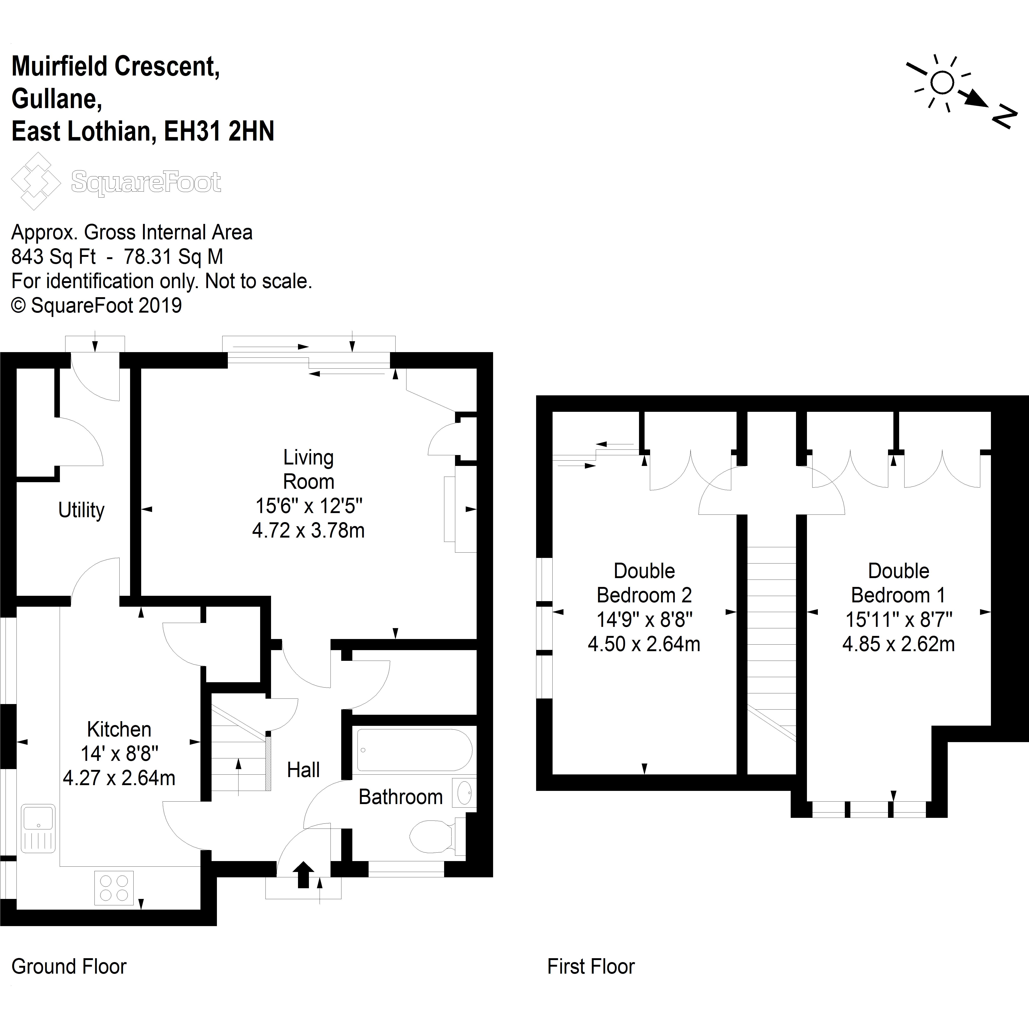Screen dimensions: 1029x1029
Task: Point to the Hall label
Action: [303, 770]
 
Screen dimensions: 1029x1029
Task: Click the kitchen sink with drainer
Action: [38, 828]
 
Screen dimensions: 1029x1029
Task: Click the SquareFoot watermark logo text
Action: [146, 182]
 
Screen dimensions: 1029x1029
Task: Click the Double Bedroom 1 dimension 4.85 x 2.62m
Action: [899, 644]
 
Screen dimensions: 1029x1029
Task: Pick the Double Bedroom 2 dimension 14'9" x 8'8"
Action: [644, 619]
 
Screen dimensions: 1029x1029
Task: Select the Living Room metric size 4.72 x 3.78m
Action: [308, 531]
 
